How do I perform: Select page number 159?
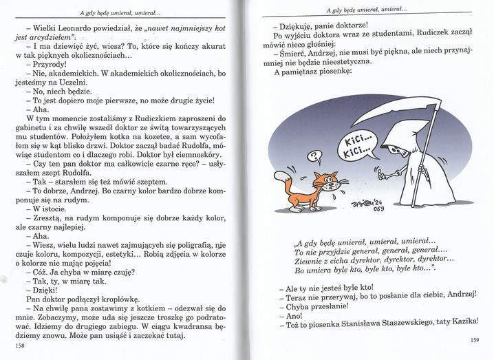474,339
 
